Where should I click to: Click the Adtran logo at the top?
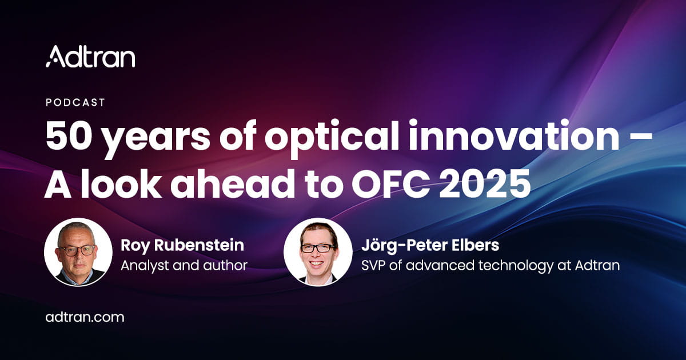[90, 57]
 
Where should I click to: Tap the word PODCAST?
[75, 102]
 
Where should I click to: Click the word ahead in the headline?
[232, 182]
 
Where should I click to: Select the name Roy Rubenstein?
[182, 245]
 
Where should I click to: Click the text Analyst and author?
[184, 265]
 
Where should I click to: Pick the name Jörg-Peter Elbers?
[430, 245]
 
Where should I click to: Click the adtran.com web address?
[85, 317]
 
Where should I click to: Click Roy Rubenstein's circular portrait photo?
[78, 252]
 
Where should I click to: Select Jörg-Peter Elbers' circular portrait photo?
[318, 252]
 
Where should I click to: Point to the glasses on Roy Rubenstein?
[77, 250]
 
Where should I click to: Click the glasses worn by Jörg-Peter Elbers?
[318, 247]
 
